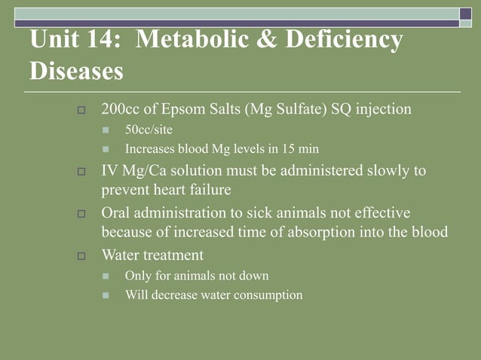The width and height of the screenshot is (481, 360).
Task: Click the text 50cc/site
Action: pos(149,130)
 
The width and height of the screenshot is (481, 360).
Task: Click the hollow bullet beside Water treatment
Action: pos(83,256)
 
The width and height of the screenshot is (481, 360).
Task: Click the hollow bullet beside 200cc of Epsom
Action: pos(83,111)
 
